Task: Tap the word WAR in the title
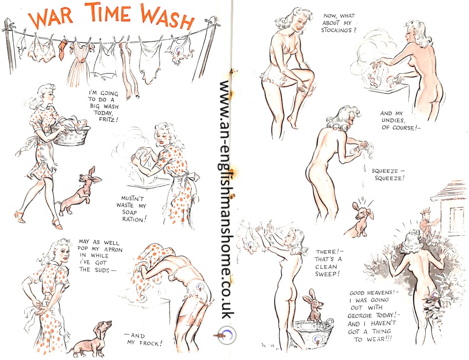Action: [x=50, y=18]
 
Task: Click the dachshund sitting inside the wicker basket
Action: [x=313, y=305]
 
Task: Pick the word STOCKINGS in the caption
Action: [x=337, y=30]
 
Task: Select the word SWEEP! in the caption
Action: [x=327, y=274]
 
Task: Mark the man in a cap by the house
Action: [x=429, y=222]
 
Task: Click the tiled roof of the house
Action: [x=450, y=192]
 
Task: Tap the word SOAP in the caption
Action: [x=130, y=213]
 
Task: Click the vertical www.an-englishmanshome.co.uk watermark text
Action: [x=228, y=199]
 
